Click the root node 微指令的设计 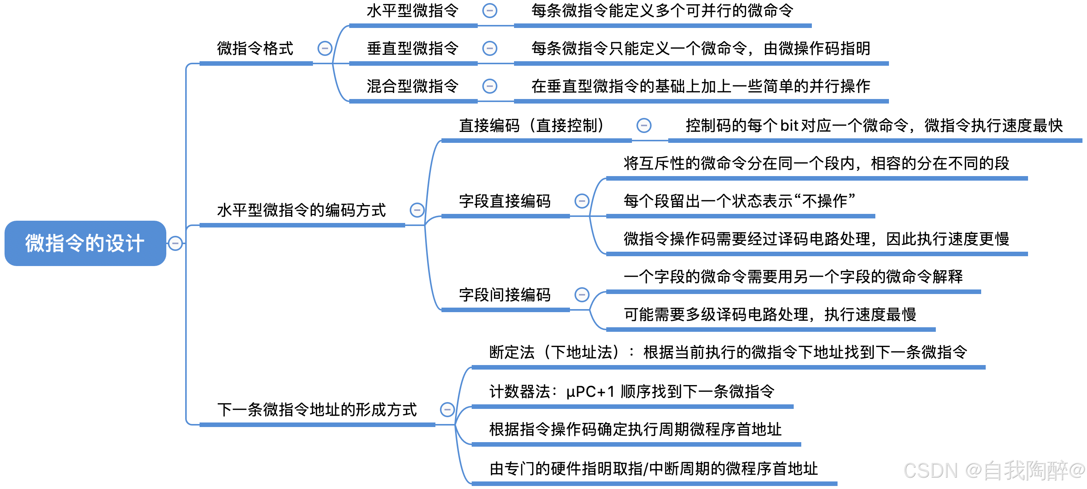pos(85,243)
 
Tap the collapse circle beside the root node pos(175,243)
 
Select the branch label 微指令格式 pos(255,48)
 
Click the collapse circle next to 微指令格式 pos(325,48)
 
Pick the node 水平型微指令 pos(412,11)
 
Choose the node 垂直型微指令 pos(412,48)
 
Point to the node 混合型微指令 pos(412,86)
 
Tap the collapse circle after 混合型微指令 pos(489,86)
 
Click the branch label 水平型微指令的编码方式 pos(301,210)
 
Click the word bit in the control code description pos(789,125)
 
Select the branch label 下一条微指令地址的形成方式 pos(317,409)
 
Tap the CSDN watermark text pos(994,470)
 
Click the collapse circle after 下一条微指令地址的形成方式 pos(447,409)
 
